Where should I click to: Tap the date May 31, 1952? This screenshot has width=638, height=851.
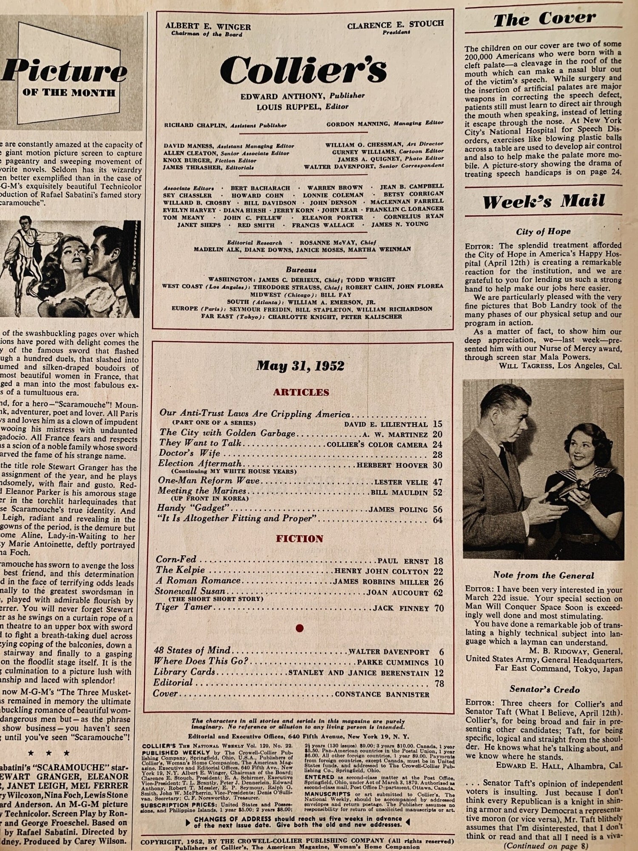(300, 366)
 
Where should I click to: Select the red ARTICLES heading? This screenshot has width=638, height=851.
(301, 392)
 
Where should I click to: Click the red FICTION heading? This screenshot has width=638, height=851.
(300, 539)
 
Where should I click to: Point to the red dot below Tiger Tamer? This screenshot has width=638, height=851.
(299, 628)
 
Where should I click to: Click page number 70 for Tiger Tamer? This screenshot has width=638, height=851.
(439, 608)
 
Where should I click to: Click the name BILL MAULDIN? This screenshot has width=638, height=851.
(399, 493)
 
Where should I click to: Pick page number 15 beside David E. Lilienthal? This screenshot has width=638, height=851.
(438, 424)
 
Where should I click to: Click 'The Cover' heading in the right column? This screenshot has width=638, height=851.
(544, 19)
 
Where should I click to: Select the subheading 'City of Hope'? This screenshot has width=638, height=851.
(543, 231)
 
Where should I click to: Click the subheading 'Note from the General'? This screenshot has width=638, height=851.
(543, 575)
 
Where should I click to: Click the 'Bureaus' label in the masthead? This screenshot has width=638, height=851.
(301, 270)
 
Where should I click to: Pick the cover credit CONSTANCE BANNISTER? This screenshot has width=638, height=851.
(382, 694)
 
